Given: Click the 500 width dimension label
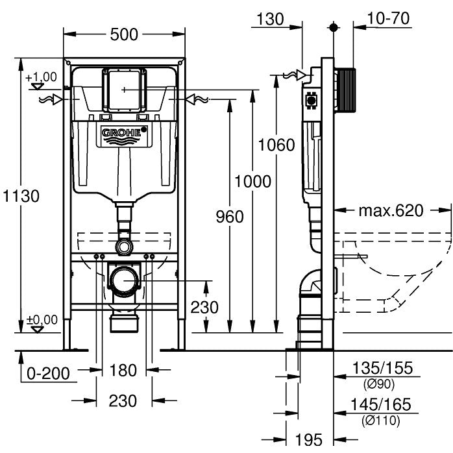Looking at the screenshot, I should (124, 34).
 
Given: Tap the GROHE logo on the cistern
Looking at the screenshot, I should (124, 134).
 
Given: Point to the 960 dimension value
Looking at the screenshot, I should (229, 216).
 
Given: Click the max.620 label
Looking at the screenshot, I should (391, 210).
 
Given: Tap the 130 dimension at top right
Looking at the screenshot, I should (270, 19).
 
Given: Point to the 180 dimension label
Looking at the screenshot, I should (123, 370).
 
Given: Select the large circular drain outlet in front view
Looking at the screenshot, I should (124, 280).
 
